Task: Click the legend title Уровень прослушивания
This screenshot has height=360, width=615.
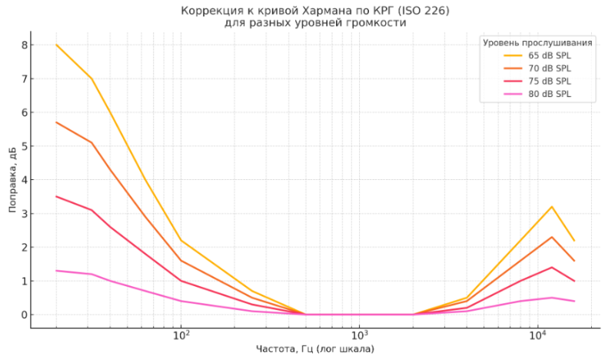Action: click(x=537, y=42)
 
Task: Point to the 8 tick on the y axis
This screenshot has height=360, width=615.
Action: click(x=24, y=45)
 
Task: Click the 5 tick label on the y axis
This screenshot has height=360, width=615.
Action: click(x=24, y=146)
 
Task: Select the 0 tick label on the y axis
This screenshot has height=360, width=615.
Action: click(x=24, y=315)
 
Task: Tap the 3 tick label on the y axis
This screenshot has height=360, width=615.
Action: click(x=24, y=214)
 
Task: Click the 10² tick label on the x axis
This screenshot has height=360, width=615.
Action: click(x=181, y=335)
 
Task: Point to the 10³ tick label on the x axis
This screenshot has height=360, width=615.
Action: click(x=359, y=335)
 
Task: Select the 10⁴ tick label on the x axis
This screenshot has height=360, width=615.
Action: click(x=537, y=335)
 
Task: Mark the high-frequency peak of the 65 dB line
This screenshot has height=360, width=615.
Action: click(x=552, y=207)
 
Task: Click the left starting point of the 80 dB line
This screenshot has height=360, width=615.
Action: click(x=56, y=271)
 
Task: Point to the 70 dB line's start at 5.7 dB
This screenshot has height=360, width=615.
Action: click(x=56, y=122)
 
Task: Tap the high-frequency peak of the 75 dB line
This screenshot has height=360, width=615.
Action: click(x=552, y=268)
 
